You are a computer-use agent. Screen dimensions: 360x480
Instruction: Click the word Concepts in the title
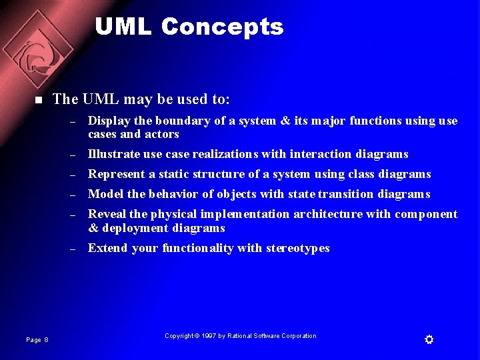pyautogui.click(x=222, y=27)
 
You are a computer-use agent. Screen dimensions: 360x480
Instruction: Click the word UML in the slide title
pyautogui.click(x=124, y=27)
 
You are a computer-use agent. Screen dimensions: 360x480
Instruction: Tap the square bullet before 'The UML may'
pyautogui.click(x=38, y=101)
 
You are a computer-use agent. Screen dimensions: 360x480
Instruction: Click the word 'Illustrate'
pyautogui.click(x=111, y=154)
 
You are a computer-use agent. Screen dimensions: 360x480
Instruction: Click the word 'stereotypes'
pyautogui.click(x=298, y=248)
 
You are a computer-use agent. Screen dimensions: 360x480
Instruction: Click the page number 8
pyautogui.click(x=46, y=340)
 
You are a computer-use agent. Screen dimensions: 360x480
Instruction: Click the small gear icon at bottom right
pyautogui.click(x=429, y=340)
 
